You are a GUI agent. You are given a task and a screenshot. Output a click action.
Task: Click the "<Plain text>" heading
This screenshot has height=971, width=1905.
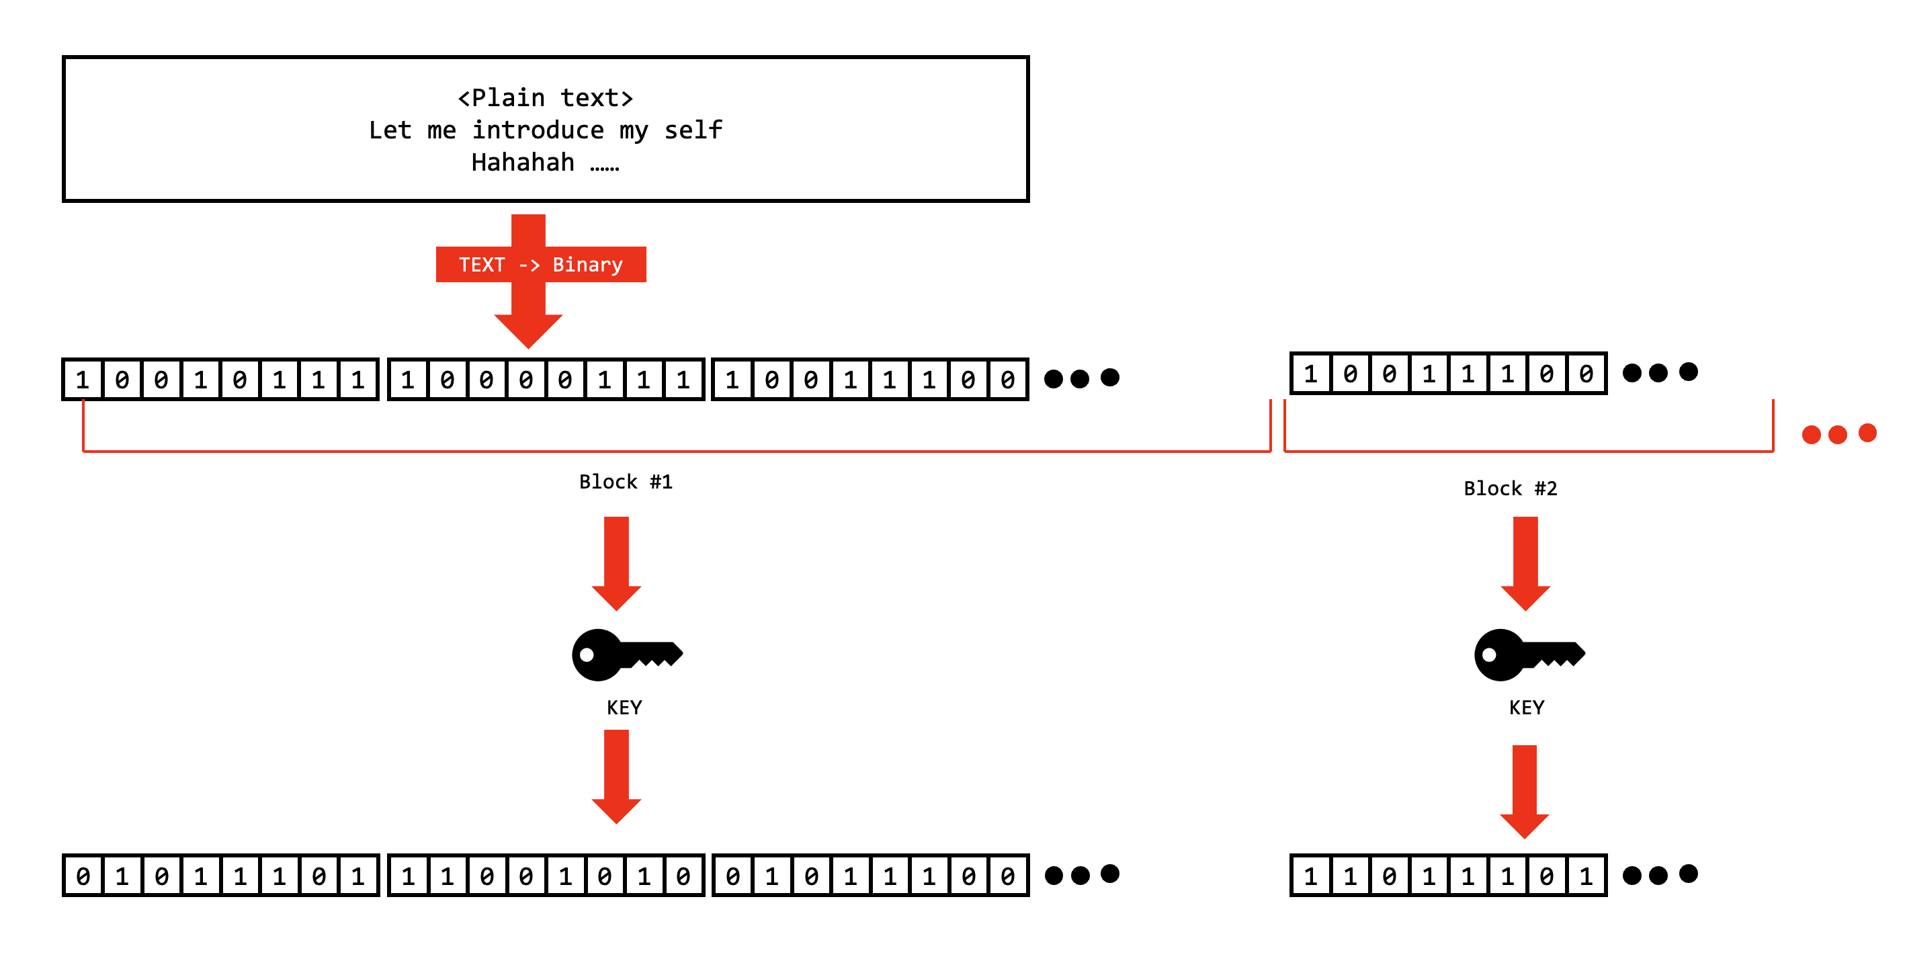(x=545, y=97)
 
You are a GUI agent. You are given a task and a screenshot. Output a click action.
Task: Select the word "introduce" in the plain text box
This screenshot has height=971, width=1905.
(x=538, y=130)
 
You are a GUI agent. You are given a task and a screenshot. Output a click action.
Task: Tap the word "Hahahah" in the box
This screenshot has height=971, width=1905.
(x=522, y=162)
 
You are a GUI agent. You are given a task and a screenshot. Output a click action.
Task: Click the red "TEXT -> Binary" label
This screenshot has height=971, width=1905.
(x=540, y=264)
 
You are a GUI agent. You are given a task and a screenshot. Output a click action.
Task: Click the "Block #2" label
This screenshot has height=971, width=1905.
(x=1510, y=488)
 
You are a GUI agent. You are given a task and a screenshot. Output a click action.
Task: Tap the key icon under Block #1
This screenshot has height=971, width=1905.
(x=626, y=655)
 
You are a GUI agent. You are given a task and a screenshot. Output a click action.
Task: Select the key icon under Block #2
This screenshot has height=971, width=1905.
(x=1528, y=655)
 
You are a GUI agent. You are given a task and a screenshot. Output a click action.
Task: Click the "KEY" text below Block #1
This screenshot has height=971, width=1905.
(x=624, y=708)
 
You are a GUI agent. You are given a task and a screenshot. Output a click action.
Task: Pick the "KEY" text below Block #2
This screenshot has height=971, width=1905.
(x=1527, y=708)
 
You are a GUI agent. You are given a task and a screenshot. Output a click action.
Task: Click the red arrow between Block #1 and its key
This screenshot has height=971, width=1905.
(x=616, y=562)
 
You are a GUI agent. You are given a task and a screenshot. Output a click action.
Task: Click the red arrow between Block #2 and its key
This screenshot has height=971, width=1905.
(x=1525, y=562)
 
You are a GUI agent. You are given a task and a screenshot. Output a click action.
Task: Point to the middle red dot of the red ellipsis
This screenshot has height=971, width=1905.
(x=1838, y=434)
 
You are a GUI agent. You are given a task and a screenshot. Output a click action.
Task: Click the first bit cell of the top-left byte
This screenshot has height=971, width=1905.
(x=83, y=380)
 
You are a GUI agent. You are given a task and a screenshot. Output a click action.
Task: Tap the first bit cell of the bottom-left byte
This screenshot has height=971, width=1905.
(x=83, y=876)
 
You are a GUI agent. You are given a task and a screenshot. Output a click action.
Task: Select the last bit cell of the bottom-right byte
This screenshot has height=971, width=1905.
(x=1586, y=876)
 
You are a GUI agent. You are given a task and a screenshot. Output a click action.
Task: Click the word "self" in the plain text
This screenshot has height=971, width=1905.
(x=693, y=130)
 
